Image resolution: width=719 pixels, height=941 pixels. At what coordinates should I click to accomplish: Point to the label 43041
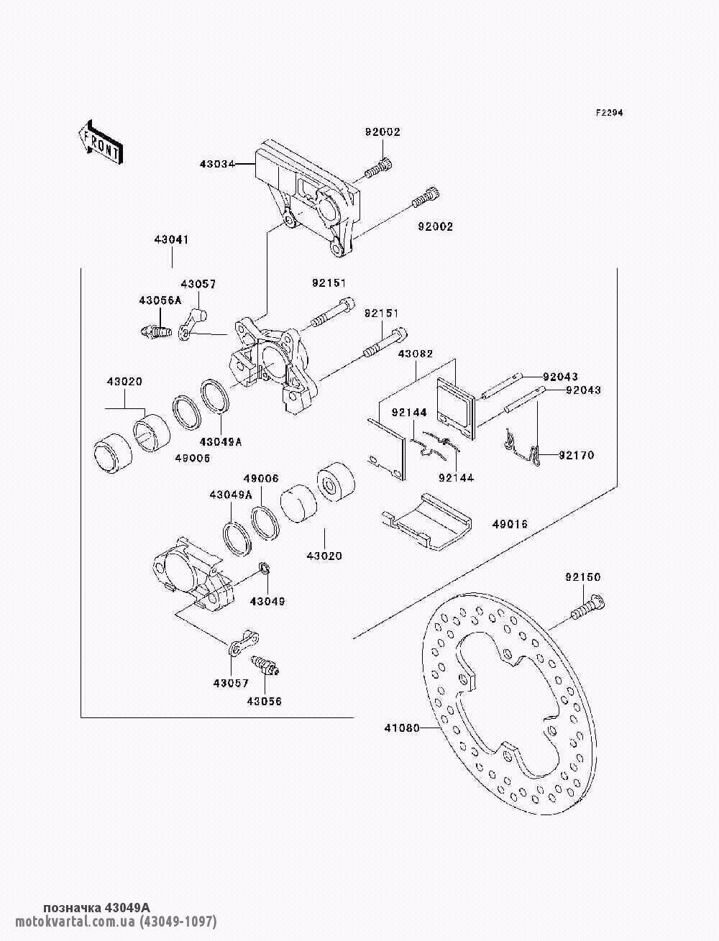pos(170,239)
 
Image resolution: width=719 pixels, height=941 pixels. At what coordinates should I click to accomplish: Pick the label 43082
pos(415,354)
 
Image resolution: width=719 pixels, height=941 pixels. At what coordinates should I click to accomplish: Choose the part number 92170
pos(577,455)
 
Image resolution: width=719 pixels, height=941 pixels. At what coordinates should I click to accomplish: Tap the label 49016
pos(510,524)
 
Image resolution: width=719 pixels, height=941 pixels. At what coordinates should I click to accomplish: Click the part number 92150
pos(582,577)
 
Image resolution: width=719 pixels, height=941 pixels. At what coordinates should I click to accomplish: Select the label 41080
pos(401,727)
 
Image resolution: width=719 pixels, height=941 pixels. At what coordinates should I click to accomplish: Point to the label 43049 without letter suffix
pos(267,601)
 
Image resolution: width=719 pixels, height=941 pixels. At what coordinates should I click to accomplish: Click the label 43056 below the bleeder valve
pos(264,701)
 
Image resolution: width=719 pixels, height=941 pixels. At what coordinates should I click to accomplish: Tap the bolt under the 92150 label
pos(587,607)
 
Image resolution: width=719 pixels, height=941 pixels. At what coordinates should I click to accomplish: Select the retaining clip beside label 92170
pos(522,447)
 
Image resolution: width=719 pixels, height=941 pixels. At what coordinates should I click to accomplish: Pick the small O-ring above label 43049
pos(264,570)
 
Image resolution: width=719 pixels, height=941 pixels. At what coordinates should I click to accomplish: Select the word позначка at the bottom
pos(72,908)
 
